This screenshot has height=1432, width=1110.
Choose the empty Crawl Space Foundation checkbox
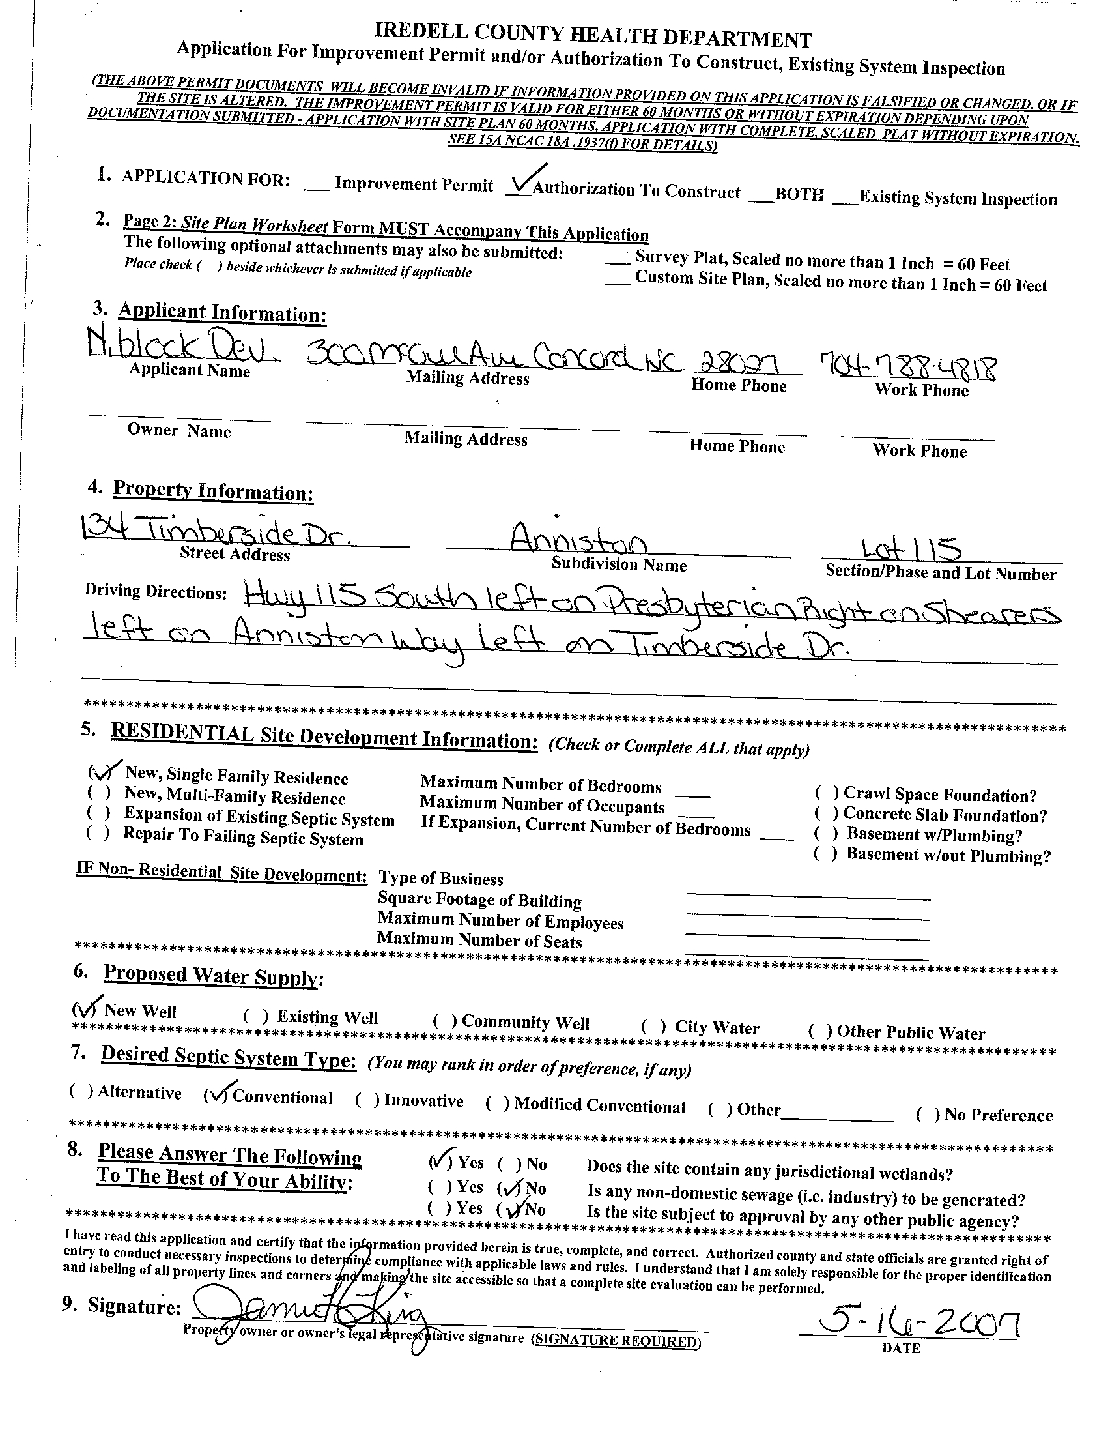click(827, 793)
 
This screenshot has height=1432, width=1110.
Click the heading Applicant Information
click(222, 313)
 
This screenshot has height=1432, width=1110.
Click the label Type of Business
click(441, 879)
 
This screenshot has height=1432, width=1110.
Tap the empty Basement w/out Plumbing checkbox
click(825, 855)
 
